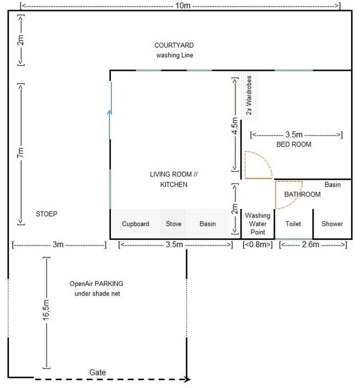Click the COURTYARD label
pyautogui.click(x=174, y=45)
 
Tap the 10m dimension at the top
pyautogui.click(x=183, y=6)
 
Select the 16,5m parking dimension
pyautogui.click(x=46, y=310)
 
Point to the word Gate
pyautogui.click(x=97, y=372)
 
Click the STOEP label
pyautogui.click(x=47, y=214)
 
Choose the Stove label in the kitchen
pyautogui.click(x=173, y=224)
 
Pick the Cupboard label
pyautogui.click(x=136, y=224)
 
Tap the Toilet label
pyautogui.click(x=293, y=224)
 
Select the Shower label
pyautogui.click(x=332, y=224)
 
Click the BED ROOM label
pyautogui.click(x=294, y=144)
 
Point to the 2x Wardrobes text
pyautogui.click(x=249, y=95)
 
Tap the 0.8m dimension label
pyautogui.click(x=258, y=244)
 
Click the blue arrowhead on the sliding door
pyautogui.click(x=110, y=112)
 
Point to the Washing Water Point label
pyautogui.click(x=258, y=224)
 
